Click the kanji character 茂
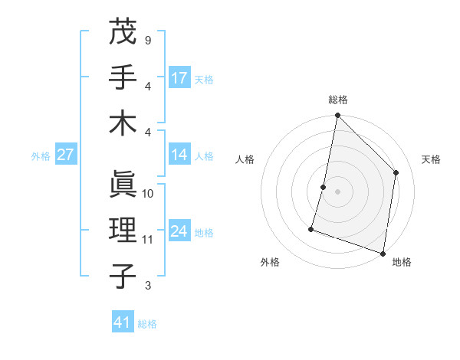(x=123, y=33)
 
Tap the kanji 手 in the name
(x=123, y=79)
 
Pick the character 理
(x=123, y=231)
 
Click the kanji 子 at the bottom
(x=123, y=277)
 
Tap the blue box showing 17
(x=179, y=77)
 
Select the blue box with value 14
(x=179, y=155)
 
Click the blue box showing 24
(x=179, y=231)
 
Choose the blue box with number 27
(x=66, y=155)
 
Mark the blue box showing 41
(x=123, y=322)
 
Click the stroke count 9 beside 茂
(x=147, y=40)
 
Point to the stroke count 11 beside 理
(x=148, y=239)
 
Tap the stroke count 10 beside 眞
(x=148, y=194)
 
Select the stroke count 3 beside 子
(x=147, y=286)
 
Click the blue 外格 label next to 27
(x=41, y=156)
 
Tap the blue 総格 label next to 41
(x=147, y=324)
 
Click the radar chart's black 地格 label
(x=402, y=262)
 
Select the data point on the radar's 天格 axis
(x=396, y=172)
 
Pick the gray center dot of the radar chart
(x=337, y=191)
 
